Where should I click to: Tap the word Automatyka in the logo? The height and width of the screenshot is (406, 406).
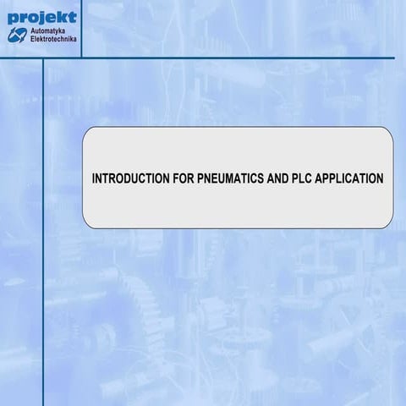pos(53,30)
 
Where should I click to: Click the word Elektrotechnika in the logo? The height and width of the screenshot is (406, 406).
pos(55,39)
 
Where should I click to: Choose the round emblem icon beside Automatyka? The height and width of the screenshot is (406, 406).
pos(18,35)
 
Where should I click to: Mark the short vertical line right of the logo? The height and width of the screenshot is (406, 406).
pos(82,30)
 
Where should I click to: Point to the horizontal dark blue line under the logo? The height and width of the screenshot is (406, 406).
pos(237,58)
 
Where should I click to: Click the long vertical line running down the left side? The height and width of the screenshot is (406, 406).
pos(43,254)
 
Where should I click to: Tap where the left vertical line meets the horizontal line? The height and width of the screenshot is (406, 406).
pos(43,58)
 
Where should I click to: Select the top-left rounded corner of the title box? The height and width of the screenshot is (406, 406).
pos(87,132)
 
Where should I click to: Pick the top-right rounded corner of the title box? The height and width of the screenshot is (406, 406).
pos(388,132)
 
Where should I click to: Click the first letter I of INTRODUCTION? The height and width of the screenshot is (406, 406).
pos(92,179)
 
